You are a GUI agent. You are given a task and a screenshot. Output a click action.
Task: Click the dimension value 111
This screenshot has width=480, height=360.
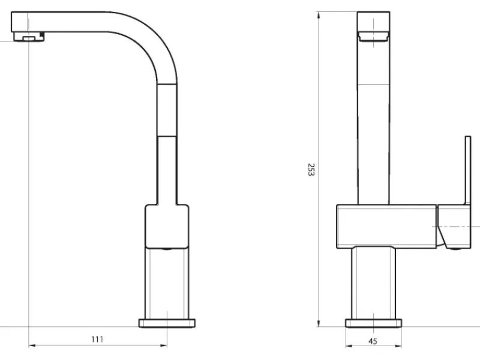click(97, 339)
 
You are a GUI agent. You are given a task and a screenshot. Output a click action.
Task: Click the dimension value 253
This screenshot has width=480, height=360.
click(311, 170)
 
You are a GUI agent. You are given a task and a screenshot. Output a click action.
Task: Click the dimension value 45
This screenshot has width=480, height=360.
click(373, 341)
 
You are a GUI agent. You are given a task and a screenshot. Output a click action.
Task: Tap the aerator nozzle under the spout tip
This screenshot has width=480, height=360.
click(29, 37)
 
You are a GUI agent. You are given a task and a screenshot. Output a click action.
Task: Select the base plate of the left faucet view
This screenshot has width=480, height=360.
click(167, 323)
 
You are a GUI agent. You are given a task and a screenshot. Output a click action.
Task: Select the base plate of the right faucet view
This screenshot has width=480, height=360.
click(373, 323)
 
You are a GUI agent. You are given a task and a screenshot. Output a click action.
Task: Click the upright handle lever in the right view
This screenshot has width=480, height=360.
click(468, 170)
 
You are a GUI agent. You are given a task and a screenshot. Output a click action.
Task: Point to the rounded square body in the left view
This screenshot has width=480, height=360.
click(167, 226)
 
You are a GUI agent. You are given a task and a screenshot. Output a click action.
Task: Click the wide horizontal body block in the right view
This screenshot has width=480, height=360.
click(386, 226)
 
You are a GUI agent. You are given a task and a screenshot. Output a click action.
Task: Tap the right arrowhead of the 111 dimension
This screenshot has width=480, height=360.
click(164, 346)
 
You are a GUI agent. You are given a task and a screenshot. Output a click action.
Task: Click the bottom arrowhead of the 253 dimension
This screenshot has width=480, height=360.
click(319, 323)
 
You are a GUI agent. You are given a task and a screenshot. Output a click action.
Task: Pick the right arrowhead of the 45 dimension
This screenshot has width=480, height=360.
click(398, 346)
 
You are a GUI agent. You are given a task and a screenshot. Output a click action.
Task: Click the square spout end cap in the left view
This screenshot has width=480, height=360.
click(20, 22)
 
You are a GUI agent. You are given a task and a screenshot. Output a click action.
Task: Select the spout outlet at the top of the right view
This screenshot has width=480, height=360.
click(373, 36)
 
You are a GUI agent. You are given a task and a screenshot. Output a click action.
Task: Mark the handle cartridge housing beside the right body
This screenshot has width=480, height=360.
click(454, 227)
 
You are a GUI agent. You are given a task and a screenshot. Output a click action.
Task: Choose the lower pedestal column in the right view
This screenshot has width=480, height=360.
click(373, 283)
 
